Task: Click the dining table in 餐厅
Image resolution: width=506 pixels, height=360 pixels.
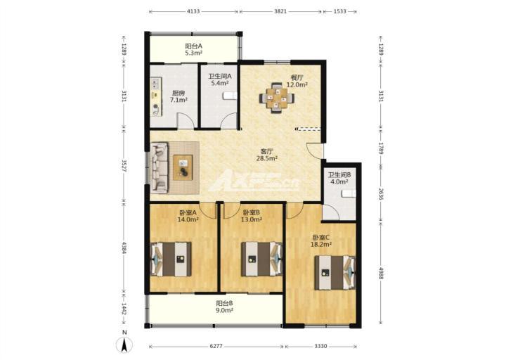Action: tap(277, 98)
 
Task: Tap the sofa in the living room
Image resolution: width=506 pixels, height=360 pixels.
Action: tap(159, 167)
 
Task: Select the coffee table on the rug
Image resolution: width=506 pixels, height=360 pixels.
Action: tap(183, 167)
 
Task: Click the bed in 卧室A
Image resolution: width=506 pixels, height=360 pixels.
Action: tap(171, 259)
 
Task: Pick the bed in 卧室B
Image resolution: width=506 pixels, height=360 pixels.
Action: tap(262, 259)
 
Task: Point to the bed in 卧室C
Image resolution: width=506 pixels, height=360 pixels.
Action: tap(335, 273)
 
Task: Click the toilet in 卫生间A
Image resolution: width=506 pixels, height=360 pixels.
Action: tap(231, 96)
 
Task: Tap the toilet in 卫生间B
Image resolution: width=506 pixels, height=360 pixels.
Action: tap(349, 193)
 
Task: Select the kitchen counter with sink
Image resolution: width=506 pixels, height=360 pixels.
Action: tap(157, 96)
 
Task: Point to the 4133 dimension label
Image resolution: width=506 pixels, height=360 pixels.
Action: tap(193, 11)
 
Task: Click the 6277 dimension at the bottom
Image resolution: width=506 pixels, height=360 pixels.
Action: tap(216, 347)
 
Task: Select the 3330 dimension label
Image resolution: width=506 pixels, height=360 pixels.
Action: tap(320, 347)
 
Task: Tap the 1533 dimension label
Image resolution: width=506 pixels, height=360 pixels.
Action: tap(339, 11)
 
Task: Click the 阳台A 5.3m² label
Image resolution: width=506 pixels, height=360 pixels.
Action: tap(194, 49)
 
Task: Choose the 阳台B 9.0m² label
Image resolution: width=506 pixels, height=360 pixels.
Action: tap(225, 307)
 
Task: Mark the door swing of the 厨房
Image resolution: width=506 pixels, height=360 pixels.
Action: tap(186, 121)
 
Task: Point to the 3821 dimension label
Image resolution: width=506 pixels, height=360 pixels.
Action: tap(280, 11)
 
